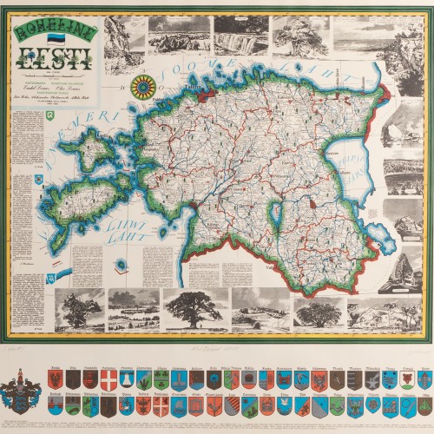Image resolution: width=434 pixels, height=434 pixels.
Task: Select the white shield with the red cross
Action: click(x=108, y=380)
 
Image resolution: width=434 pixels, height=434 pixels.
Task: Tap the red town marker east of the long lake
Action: click(x=311, y=206)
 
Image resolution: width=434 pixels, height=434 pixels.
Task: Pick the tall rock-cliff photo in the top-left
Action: click(x=124, y=43)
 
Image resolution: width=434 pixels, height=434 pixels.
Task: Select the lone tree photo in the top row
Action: click(x=299, y=36)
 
